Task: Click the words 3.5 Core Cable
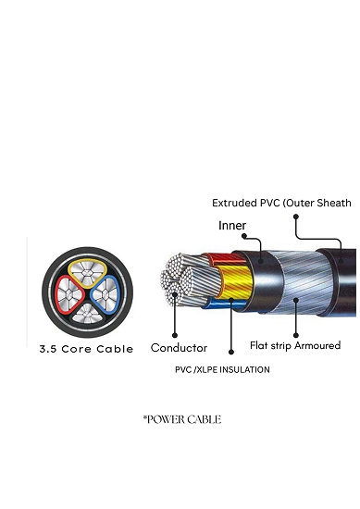tap(86, 349)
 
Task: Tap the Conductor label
tap(179, 349)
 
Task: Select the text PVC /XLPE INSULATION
tap(222, 369)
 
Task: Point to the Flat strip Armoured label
tap(295, 345)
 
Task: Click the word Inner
tap(232, 225)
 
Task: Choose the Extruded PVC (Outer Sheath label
tap(281, 203)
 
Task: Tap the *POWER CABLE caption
tap(181, 419)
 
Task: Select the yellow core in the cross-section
tap(87, 269)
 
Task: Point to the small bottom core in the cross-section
tap(86, 312)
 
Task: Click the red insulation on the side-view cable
tap(219, 258)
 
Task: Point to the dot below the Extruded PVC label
tap(296, 217)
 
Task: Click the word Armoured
tap(317, 345)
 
